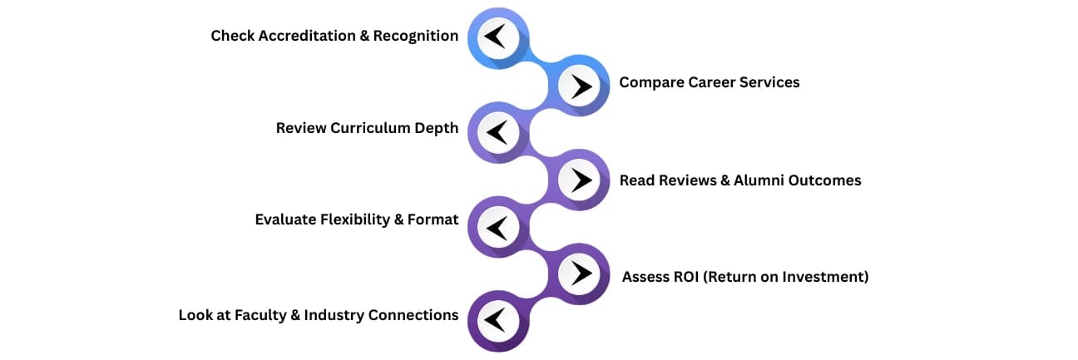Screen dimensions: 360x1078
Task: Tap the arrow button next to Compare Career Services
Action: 580,85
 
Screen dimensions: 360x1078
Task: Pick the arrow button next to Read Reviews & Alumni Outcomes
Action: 580,180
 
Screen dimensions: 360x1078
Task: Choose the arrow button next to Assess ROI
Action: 580,274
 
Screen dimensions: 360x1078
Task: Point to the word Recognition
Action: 419,36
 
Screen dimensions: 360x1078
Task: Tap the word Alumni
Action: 760,180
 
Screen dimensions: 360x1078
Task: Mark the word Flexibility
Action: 364,220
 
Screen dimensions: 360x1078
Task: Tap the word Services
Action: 769,82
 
